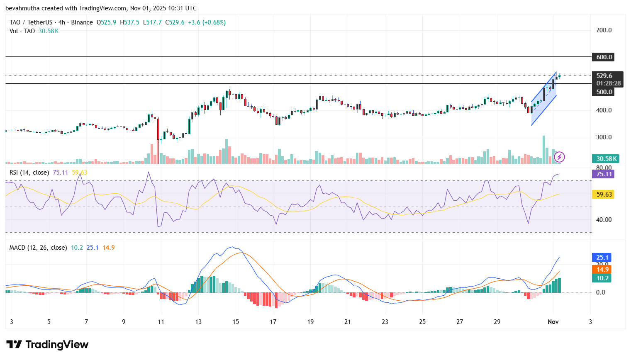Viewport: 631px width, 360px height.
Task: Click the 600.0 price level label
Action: pos(604,57)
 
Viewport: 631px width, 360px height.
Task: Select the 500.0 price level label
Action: pos(604,92)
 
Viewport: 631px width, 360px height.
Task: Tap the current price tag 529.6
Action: pos(604,76)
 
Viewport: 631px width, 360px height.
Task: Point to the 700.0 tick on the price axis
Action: pos(604,30)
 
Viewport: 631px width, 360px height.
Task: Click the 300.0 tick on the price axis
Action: pos(604,137)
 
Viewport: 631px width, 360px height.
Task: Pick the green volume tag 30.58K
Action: pos(606,159)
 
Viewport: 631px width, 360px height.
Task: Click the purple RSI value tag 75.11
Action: pos(604,174)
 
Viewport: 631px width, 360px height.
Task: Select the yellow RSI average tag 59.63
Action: pos(604,195)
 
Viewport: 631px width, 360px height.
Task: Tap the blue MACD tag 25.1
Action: pos(602,258)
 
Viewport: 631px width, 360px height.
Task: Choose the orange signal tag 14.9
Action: pos(602,270)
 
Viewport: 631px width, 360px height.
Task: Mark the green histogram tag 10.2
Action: pos(602,278)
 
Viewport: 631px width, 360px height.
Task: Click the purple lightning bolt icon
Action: pos(559,157)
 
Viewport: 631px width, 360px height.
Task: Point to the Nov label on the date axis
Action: pos(553,322)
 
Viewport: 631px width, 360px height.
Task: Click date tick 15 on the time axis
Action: pos(236,322)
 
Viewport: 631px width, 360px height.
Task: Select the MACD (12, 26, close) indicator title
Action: pos(38,248)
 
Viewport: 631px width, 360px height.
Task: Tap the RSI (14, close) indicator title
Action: pos(29,173)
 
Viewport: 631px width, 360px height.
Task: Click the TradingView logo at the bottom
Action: pos(47,345)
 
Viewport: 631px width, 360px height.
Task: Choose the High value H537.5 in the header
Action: pos(129,22)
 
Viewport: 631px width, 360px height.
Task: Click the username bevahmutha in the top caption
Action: pos(22,8)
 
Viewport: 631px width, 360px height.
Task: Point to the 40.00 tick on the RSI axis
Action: pos(604,220)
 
